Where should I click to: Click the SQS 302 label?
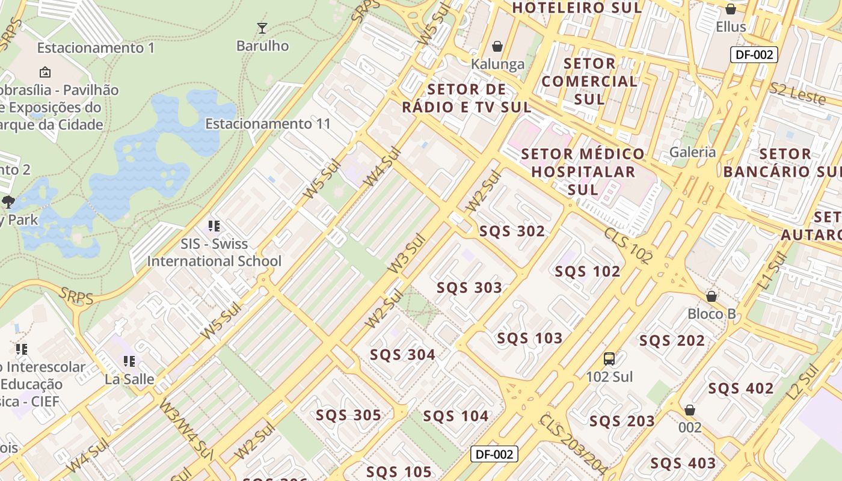point(512,231)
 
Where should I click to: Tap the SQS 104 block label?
point(455,416)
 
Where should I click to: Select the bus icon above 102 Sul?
point(609,359)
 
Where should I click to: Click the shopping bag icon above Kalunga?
point(497,46)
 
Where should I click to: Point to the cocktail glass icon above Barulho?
point(262,28)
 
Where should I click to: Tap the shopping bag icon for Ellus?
point(731,9)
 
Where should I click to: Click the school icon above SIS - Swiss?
point(214,226)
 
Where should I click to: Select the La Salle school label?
point(129,379)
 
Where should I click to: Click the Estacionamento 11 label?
point(268,124)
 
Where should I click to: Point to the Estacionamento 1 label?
point(96,48)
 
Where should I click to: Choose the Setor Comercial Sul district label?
point(589,81)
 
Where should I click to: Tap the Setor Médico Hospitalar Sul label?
point(583,171)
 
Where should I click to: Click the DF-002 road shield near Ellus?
point(754,55)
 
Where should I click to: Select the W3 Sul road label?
point(407,254)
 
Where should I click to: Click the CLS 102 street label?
point(628,245)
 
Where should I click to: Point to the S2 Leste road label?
point(797,94)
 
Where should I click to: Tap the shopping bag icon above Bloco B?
point(711,296)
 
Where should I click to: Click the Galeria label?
point(693,152)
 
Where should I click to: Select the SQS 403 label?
point(683,464)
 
